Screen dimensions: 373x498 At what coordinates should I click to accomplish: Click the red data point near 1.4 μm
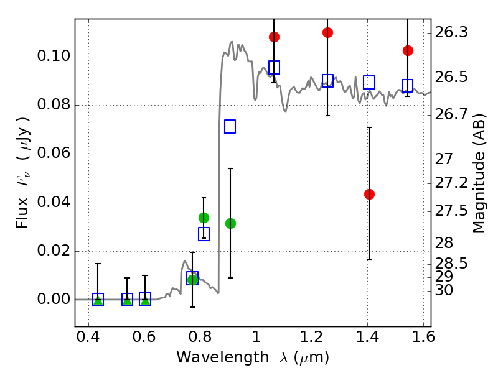(369, 194)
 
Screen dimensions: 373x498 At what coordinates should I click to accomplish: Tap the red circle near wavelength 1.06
(274, 37)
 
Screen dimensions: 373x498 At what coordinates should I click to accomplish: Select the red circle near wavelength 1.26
(327, 32)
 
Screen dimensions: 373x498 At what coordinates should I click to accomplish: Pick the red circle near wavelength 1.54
(408, 50)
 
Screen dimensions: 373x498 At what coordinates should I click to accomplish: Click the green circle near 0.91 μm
(230, 223)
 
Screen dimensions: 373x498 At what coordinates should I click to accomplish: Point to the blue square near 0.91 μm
(230, 127)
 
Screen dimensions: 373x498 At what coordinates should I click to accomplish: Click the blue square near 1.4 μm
(369, 82)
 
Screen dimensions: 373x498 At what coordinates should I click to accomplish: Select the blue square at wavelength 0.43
(98, 300)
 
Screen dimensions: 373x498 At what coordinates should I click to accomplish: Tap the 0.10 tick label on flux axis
(53, 57)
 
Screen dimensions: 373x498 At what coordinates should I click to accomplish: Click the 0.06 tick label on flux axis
(53, 154)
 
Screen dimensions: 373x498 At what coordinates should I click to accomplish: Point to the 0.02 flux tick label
(53, 251)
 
